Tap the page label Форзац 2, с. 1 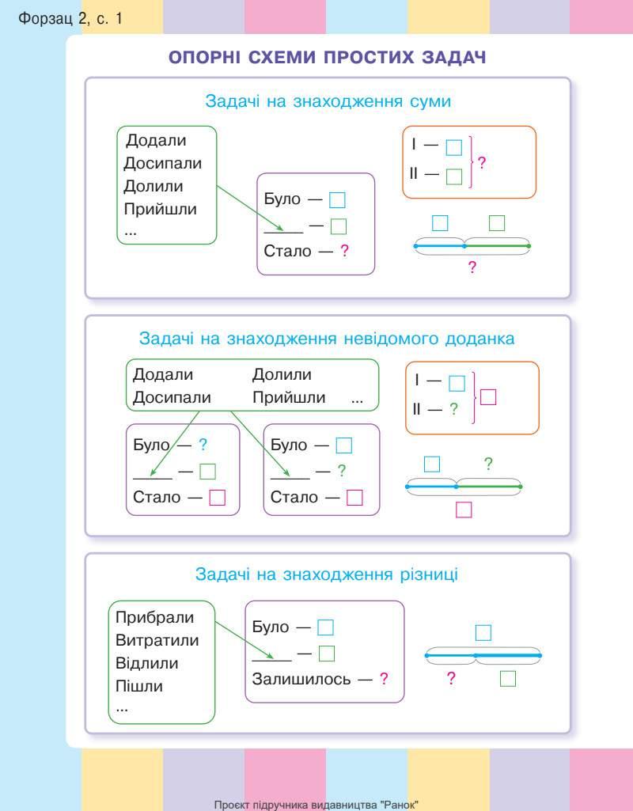click(70, 17)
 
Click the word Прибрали click(154, 617)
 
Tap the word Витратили click(157, 640)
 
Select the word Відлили click(147, 663)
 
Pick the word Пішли click(139, 686)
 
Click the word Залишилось click(301, 678)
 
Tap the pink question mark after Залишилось click(384, 678)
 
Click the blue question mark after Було click(203, 445)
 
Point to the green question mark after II click(454, 409)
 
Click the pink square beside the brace click(488, 396)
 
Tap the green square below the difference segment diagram click(508, 678)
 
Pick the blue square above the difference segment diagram click(483, 632)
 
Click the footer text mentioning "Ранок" click(316, 804)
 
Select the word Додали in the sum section click(157, 141)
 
